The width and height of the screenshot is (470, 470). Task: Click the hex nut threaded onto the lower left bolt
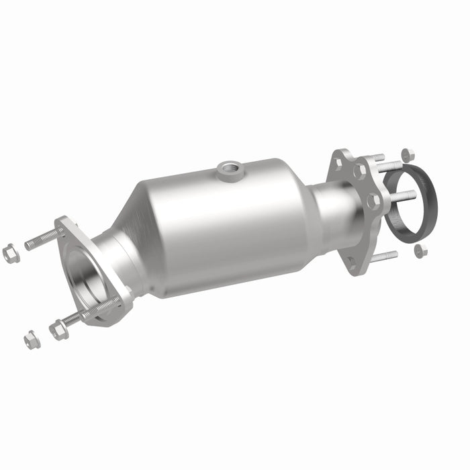point(58,329)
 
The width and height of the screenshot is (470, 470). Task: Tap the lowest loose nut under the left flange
point(31,340)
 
